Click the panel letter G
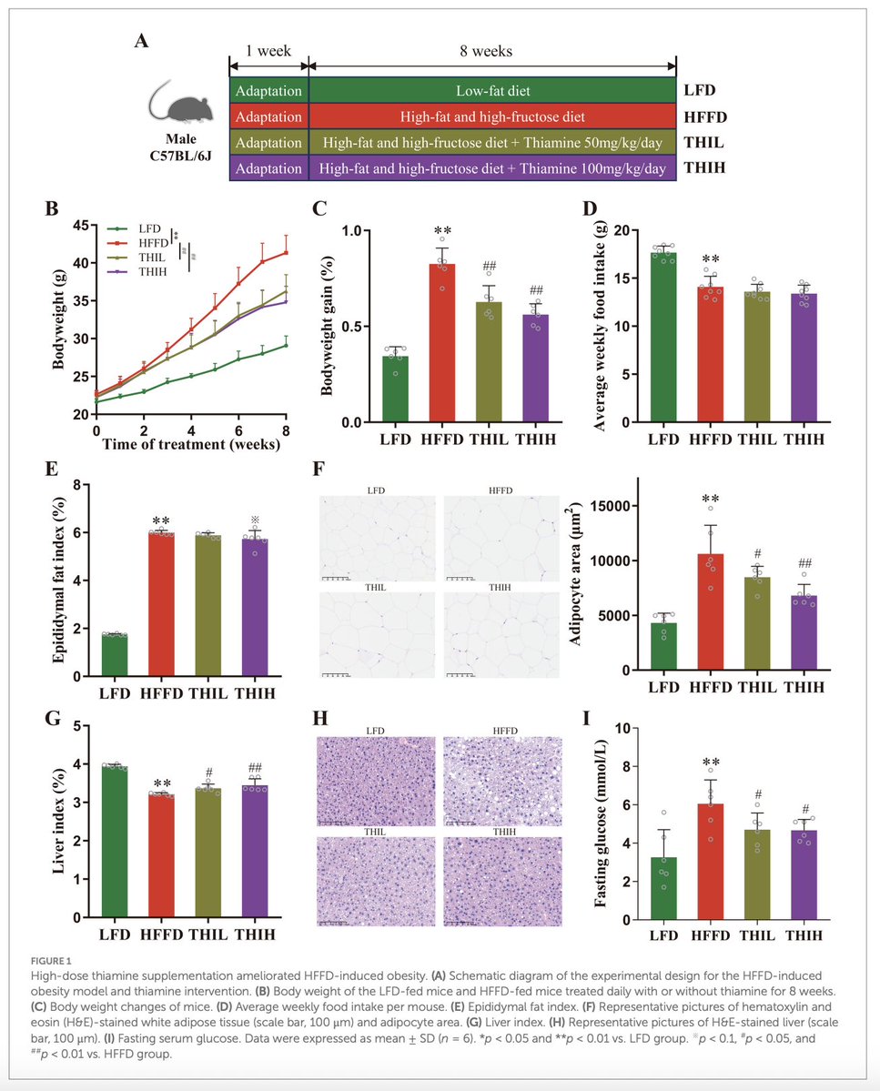pos(54,720)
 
